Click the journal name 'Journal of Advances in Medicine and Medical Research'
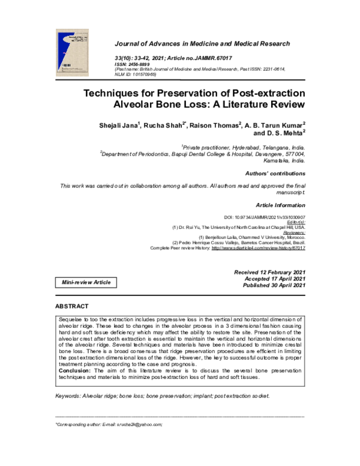pos(202,44)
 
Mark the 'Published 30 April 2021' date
pos(274,286)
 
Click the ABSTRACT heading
pos(72,306)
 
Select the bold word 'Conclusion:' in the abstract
pos(75,371)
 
